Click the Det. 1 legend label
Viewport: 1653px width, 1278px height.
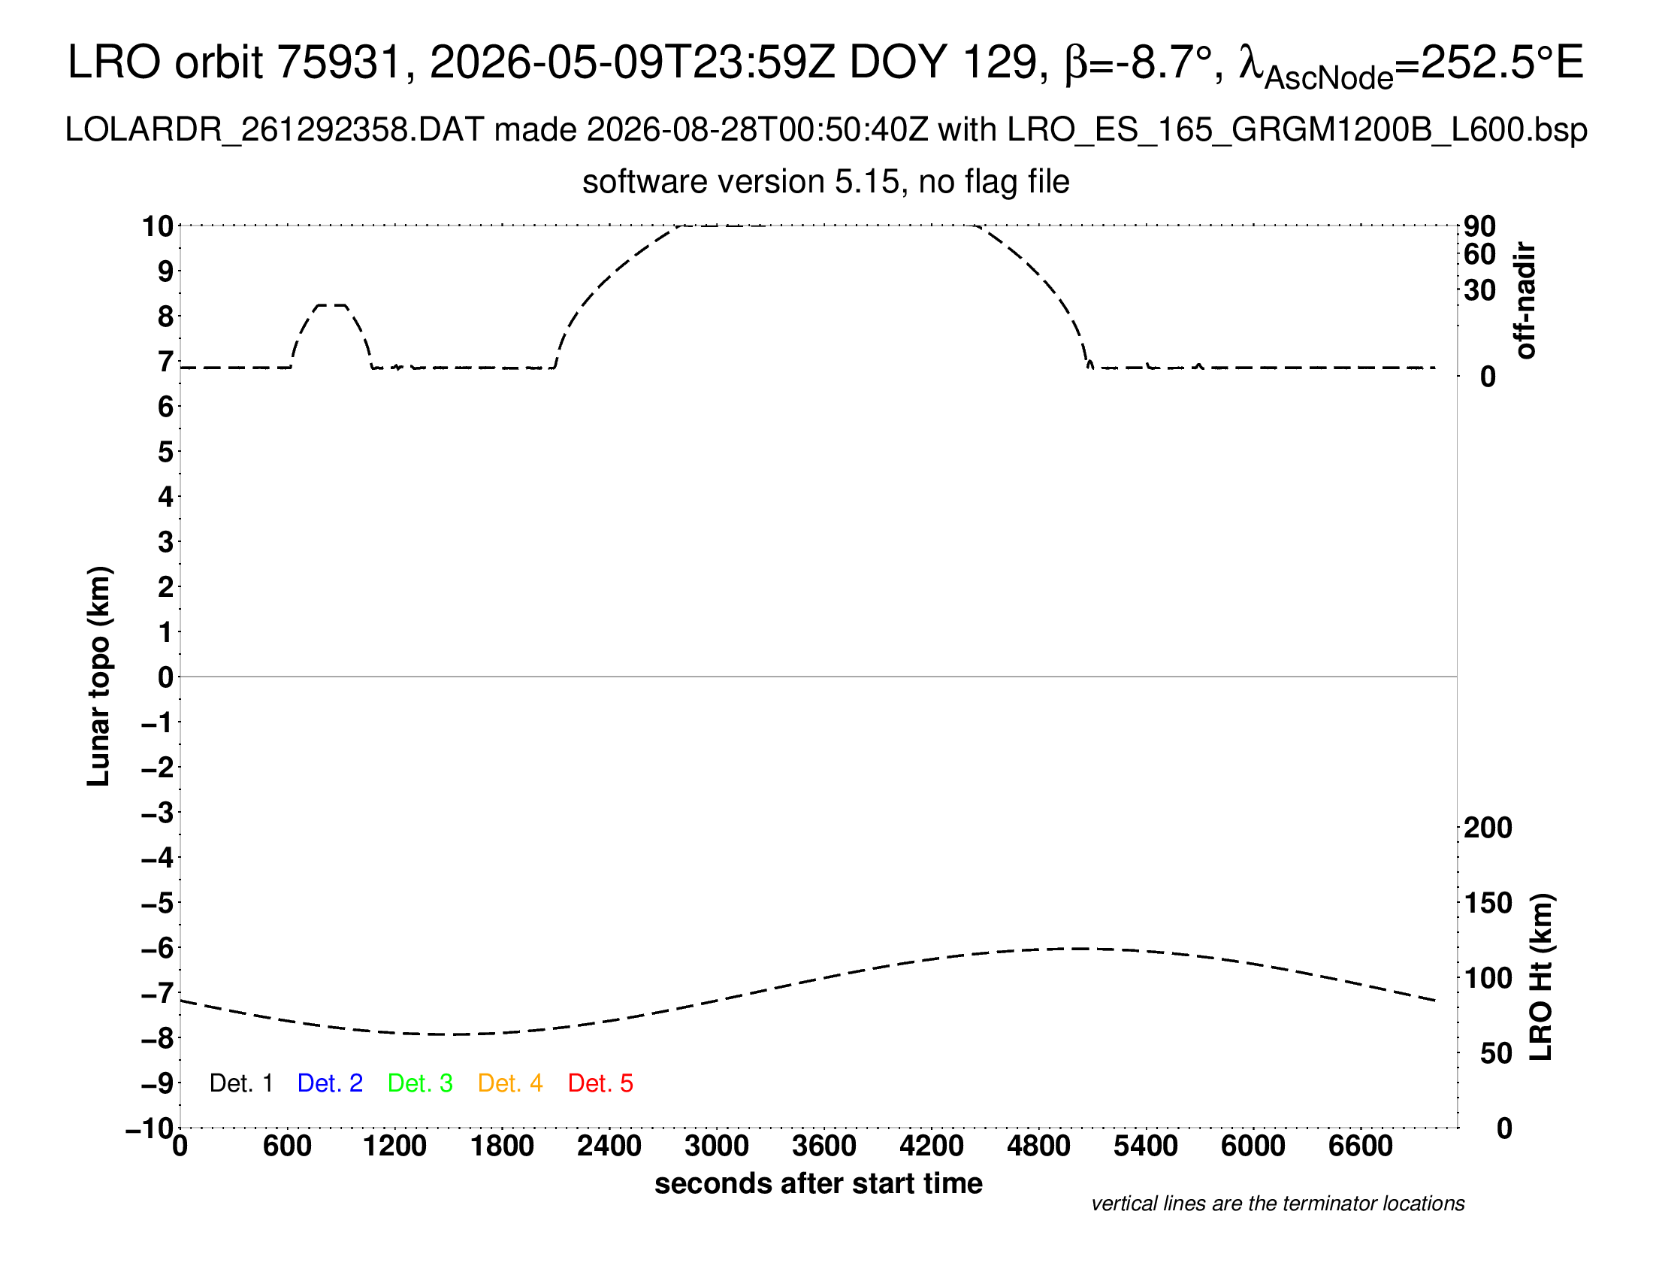[x=240, y=1083]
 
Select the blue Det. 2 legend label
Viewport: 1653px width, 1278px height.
[x=330, y=1083]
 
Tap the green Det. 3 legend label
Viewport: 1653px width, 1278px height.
[x=420, y=1083]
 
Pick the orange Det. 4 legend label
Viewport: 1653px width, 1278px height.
[x=510, y=1083]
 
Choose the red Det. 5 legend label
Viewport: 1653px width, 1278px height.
[x=600, y=1083]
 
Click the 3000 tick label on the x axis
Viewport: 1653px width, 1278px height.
[x=717, y=1146]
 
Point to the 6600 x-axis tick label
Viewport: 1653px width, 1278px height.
[x=1361, y=1146]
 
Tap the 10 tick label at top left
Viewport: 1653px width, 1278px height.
[x=158, y=226]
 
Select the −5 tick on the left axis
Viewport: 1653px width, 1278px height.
[x=158, y=903]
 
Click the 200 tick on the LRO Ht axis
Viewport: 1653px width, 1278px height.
[x=1488, y=828]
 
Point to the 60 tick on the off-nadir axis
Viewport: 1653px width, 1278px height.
[x=1479, y=254]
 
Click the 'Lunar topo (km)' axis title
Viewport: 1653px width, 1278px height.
[x=99, y=676]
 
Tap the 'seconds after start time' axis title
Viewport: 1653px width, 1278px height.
[x=818, y=1183]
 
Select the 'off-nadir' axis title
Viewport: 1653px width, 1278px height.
[x=1525, y=301]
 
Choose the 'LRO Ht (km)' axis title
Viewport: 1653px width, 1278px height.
[x=1541, y=977]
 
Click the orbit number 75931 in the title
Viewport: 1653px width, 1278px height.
[x=339, y=62]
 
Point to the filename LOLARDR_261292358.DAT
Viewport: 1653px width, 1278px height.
[x=274, y=130]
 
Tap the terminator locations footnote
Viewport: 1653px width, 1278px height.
[x=1277, y=1204]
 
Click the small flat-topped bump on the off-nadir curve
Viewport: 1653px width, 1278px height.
[x=331, y=305]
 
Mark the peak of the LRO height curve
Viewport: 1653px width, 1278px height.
[x=1078, y=949]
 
